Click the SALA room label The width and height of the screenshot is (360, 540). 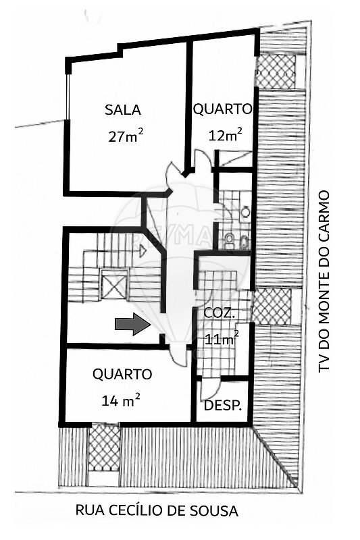(123, 109)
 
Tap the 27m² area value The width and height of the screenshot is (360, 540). (126, 136)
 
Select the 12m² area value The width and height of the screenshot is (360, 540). (225, 134)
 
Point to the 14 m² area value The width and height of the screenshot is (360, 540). (121, 400)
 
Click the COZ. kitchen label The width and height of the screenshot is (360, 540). (220, 313)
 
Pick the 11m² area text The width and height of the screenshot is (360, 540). (222, 338)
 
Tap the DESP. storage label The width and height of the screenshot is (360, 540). (222, 406)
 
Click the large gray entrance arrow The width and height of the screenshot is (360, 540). (132, 324)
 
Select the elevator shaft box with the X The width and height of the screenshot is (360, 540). (114, 283)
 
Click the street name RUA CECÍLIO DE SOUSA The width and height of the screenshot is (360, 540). (157, 510)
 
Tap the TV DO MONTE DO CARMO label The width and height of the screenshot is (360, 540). (324, 281)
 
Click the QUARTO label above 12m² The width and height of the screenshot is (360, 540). (222, 109)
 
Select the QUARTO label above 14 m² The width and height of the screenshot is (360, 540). (122, 374)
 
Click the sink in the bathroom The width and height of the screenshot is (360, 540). (245, 211)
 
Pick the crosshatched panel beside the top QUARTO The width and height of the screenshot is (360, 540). (277, 72)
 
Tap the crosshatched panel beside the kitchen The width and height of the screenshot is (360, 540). (272, 306)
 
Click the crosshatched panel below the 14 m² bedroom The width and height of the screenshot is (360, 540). (103, 449)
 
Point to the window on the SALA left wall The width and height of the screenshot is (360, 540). (68, 97)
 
